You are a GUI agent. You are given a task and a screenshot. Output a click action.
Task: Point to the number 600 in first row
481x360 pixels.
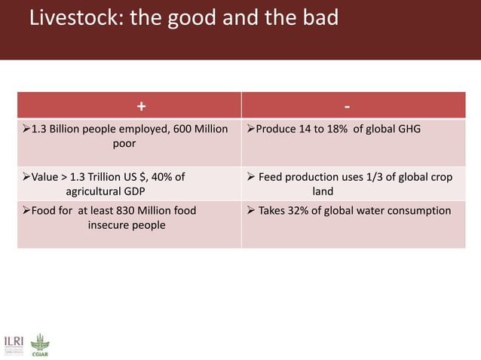183,130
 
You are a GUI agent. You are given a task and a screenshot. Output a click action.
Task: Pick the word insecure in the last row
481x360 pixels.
111,224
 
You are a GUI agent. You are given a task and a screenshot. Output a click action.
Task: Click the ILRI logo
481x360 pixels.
14,343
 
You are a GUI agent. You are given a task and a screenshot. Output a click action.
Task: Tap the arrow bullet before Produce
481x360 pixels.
251,130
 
